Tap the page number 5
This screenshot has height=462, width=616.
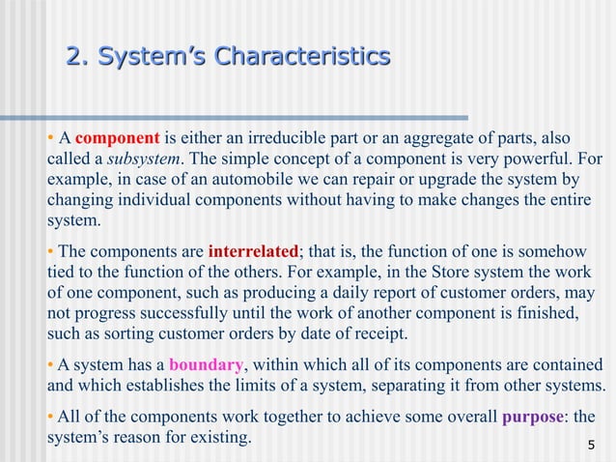591,446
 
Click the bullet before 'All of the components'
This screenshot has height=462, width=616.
51,418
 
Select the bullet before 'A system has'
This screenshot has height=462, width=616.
51,365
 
